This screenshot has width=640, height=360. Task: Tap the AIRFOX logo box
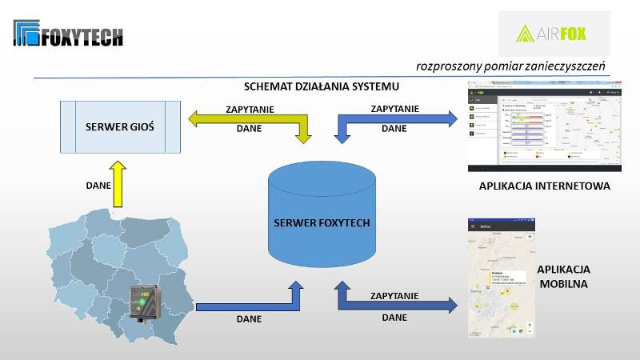pyautogui.click(x=554, y=33)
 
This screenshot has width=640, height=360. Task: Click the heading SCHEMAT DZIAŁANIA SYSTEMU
pyautogui.click(x=321, y=86)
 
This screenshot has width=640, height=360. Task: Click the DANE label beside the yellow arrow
pyautogui.click(x=98, y=185)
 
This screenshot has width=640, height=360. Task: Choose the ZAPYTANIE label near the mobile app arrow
pyautogui.click(x=394, y=295)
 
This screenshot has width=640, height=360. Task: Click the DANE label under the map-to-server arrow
pyautogui.click(x=250, y=318)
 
